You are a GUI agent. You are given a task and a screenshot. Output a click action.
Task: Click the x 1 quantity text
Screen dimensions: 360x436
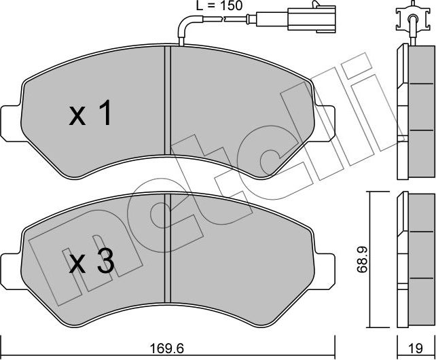[90, 115]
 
